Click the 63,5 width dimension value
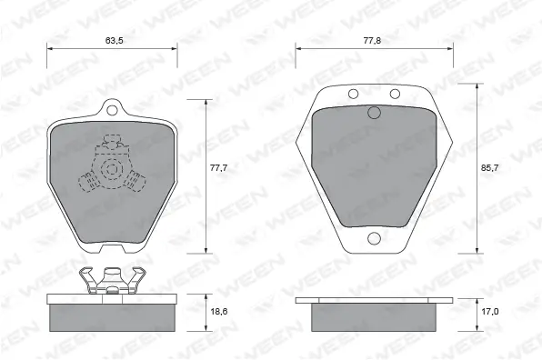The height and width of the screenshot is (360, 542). pyautogui.click(x=114, y=41)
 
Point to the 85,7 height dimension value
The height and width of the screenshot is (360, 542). pyautogui.click(x=488, y=169)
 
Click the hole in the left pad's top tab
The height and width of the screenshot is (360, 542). pyautogui.click(x=113, y=111)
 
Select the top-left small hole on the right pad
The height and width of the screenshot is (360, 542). pyautogui.click(x=352, y=95)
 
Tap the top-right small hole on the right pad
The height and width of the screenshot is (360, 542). pyautogui.click(x=394, y=95)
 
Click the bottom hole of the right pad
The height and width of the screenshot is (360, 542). pyautogui.click(x=373, y=239)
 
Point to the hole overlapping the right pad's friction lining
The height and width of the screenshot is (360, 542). pyautogui.click(x=373, y=113)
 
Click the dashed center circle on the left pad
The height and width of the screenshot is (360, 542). pyautogui.click(x=113, y=169)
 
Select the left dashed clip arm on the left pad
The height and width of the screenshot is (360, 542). pyautogui.click(x=90, y=183)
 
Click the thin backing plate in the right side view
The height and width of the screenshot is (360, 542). pyautogui.click(x=373, y=300)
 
